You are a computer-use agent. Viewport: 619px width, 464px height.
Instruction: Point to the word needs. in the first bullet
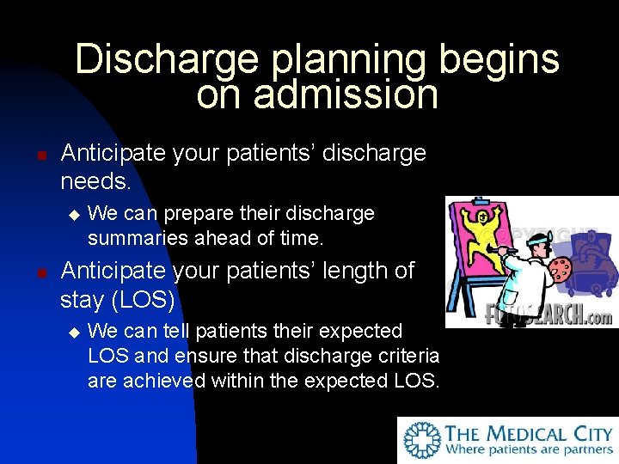tap(95, 181)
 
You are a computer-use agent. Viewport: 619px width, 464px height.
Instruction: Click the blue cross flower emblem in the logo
tap(423, 441)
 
